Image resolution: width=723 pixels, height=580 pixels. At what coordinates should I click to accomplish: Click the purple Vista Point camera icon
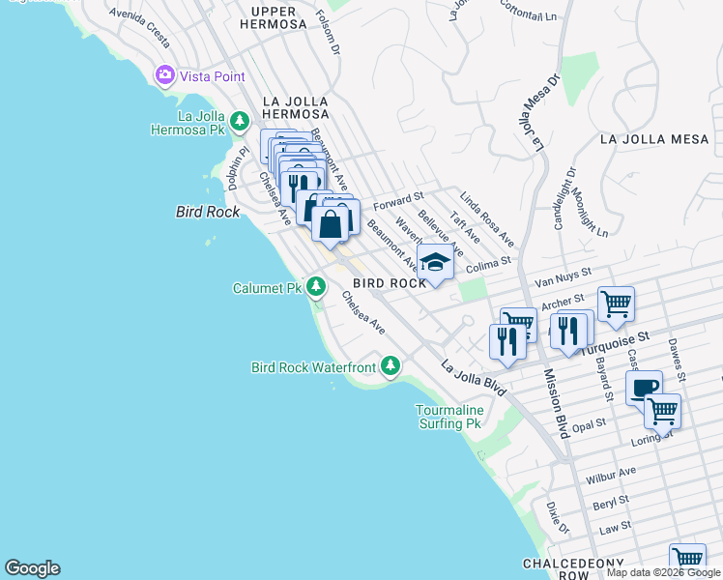tap(164, 74)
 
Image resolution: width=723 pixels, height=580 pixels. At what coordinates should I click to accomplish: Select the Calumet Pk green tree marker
tap(315, 287)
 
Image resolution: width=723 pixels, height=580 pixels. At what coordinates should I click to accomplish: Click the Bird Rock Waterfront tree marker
tap(390, 366)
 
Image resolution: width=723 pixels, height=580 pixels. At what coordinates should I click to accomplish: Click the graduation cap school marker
tap(435, 262)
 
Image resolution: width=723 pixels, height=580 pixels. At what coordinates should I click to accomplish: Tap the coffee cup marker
tap(644, 388)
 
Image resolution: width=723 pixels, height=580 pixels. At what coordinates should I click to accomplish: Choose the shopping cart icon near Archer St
tap(616, 304)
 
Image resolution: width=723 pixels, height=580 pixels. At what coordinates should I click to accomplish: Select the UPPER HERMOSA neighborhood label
tap(279, 17)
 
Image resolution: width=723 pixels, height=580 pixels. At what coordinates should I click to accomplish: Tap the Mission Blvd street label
tap(557, 403)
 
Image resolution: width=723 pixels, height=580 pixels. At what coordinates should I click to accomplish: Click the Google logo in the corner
tap(32, 568)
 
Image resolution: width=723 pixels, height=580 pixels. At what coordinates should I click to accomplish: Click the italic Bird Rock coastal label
tap(207, 211)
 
